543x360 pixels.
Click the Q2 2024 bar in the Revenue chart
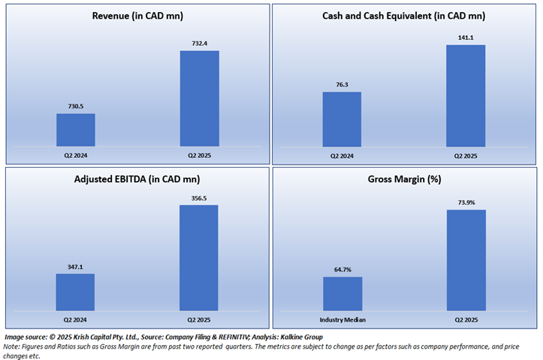(x=76, y=130)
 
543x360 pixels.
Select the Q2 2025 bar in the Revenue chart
(x=200, y=98)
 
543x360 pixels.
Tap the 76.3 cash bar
(x=342, y=119)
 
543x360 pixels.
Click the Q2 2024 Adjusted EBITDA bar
(x=76, y=292)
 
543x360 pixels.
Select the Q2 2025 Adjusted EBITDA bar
(x=199, y=258)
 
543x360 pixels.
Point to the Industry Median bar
(x=342, y=293)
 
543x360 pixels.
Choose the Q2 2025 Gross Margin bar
(x=466, y=260)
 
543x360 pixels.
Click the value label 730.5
(x=75, y=107)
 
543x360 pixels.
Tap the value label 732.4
(x=199, y=44)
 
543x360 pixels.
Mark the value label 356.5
(x=199, y=198)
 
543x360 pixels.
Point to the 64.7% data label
(x=342, y=270)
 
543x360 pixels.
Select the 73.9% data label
(x=466, y=203)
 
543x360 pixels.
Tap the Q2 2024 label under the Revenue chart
(x=76, y=155)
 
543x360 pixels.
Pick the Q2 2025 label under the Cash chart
(x=466, y=156)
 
